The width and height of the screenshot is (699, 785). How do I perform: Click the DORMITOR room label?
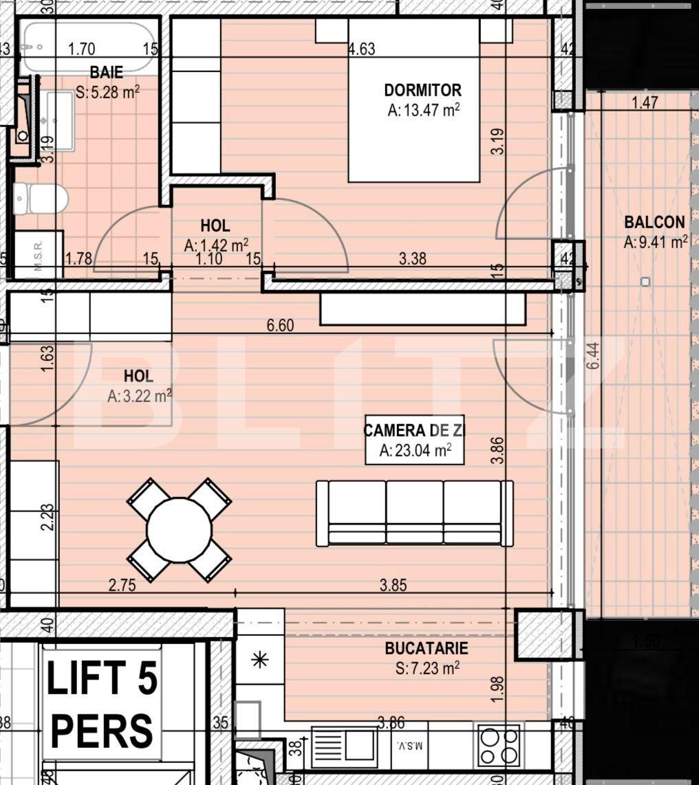pos(422,90)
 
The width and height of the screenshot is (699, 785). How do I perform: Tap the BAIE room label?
pos(106,72)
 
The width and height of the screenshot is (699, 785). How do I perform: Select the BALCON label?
pos(654,222)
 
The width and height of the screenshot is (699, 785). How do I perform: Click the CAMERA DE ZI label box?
pos(414,440)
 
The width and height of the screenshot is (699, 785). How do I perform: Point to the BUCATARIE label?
pos(426,648)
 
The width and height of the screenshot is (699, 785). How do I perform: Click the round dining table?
pos(179,530)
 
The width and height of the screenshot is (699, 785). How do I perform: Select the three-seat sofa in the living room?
pos(414,513)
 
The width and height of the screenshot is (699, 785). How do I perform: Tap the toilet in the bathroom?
pos(41,199)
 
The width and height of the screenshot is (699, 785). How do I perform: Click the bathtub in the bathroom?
pos(87,47)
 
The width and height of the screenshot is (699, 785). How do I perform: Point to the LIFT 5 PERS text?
pos(102,703)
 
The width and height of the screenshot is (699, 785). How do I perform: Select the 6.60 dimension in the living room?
pos(280,325)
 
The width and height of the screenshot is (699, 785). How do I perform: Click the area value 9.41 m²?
pos(655,242)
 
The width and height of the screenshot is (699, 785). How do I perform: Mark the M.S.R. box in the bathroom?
pos(39,255)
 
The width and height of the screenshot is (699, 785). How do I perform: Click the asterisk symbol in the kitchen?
pos(259,661)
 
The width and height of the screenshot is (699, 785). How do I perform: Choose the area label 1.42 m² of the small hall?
pos(216,245)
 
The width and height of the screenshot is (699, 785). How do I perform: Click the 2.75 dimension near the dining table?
pos(122,586)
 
